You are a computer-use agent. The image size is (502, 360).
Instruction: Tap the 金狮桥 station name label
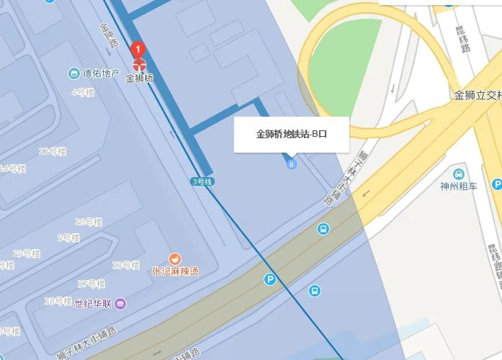click(140, 78)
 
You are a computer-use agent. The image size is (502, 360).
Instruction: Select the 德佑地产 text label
click(102, 73)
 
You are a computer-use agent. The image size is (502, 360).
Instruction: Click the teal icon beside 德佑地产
click(73, 73)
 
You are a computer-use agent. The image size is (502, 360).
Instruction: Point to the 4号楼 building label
click(83, 92)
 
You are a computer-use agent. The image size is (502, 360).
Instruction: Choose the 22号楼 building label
click(52, 151)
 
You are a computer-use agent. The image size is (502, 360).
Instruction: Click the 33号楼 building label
click(125, 265)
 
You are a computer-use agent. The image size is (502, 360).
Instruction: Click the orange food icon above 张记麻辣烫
click(175, 258)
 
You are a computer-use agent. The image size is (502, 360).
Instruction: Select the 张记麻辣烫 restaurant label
click(175, 271)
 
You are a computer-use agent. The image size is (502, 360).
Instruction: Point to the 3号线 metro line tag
click(202, 181)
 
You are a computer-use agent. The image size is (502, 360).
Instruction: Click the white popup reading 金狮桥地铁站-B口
click(291, 134)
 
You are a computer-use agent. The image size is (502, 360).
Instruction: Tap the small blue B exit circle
click(292, 165)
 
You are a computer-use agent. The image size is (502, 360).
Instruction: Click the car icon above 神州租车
click(459, 174)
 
